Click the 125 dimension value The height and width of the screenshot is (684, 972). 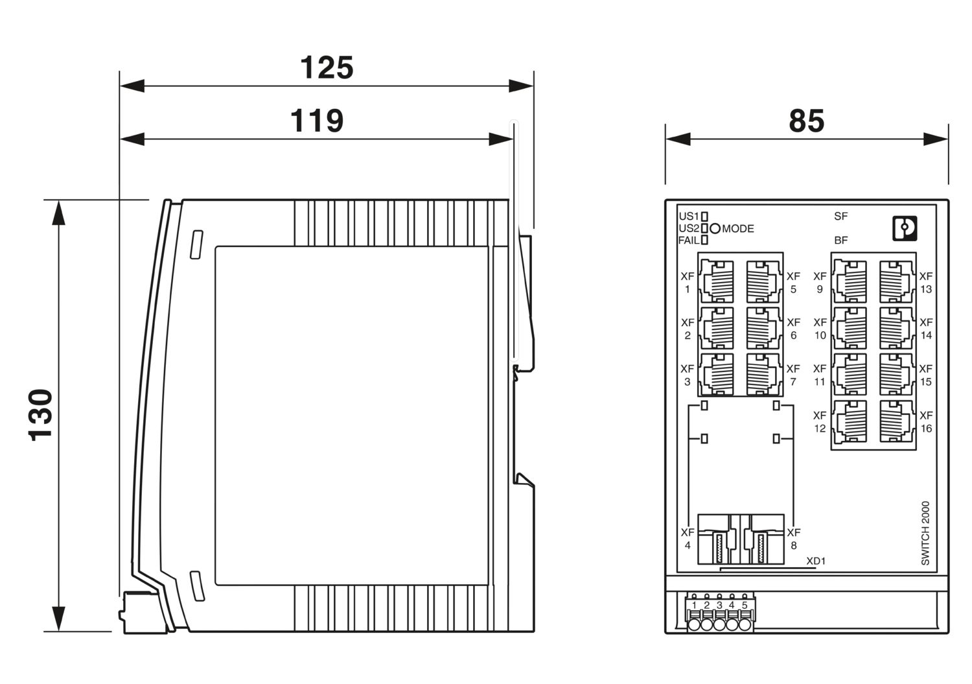click(327, 68)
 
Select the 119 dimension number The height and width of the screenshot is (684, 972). click(316, 121)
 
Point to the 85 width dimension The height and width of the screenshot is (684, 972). click(806, 121)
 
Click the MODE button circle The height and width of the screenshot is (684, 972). click(715, 228)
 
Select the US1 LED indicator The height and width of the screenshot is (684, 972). click(704, 217)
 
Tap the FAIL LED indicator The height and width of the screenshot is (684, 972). click(704, 240)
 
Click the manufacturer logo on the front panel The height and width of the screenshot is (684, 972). click(904, 228)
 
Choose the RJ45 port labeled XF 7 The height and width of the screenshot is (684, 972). click(765, 374)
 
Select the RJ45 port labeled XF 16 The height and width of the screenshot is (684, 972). click(897, 421)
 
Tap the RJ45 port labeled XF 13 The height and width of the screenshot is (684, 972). click(897, 281)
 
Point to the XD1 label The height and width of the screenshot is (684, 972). click(815, 561)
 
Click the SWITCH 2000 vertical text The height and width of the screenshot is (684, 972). click(925, 533)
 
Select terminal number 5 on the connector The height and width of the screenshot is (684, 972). click(745, 606)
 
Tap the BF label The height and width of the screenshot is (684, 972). click(841, 240)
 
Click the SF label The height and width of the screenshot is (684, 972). click(841, 217)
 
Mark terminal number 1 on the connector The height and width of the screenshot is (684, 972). click(694, 606)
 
